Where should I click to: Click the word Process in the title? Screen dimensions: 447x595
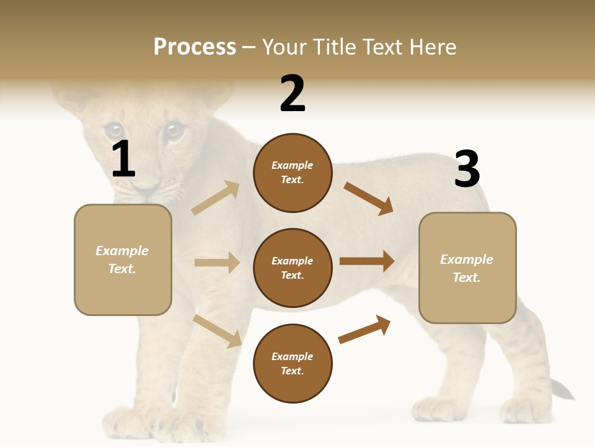pos(195,47)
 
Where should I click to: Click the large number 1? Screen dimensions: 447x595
pos(123,159)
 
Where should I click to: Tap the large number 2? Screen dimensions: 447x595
pos(293,93)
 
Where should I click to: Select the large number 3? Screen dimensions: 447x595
pos(467,169)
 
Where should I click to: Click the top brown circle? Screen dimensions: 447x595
pos(293,173)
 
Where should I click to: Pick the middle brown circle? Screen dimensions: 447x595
pos(293,268)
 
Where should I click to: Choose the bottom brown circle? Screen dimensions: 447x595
pos(293,364)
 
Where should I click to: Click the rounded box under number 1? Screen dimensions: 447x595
pos(123,260)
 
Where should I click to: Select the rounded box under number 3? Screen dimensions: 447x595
pos(467,268)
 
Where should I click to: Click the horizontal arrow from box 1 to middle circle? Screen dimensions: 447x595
pos(217,263)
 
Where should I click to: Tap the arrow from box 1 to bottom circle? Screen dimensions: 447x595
pos(218,331)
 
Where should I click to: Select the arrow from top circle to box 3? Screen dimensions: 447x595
pos(368,199)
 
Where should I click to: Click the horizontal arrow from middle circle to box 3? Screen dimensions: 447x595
pos(367,261)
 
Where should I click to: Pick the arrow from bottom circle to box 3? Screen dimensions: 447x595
pos(364,330)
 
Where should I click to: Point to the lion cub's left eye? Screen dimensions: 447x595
pos(113,130)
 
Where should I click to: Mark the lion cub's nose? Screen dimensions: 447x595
pos(147,186)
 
